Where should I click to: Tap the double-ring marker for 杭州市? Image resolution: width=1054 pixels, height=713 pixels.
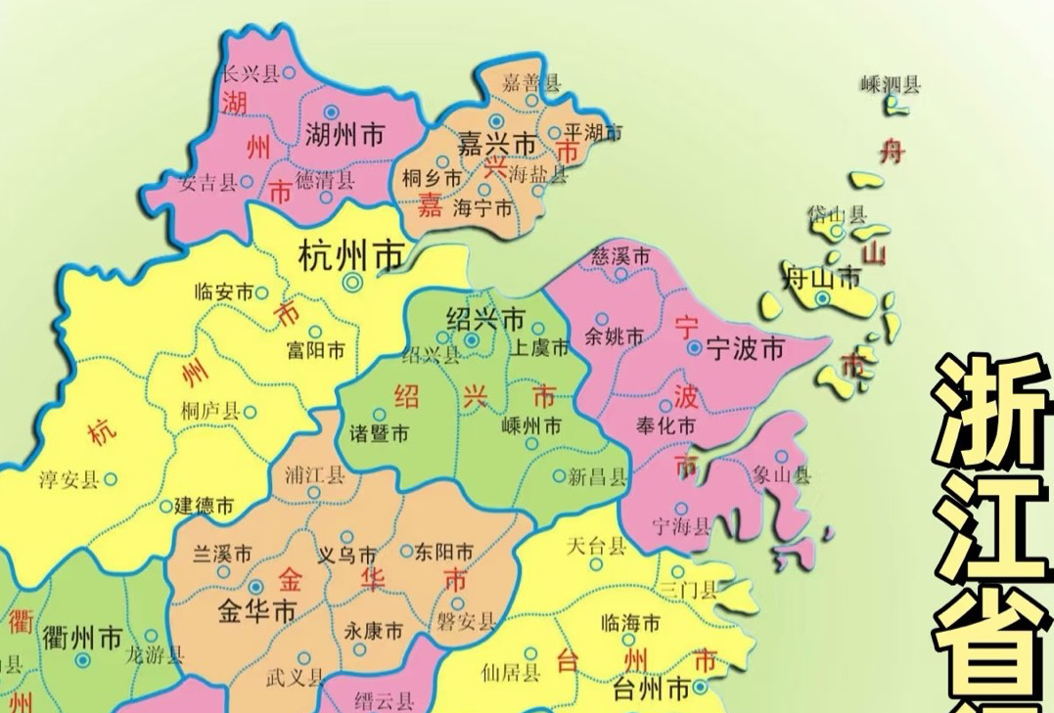click(x=351, y=283)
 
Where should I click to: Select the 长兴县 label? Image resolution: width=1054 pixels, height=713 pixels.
click(x=252, y=74)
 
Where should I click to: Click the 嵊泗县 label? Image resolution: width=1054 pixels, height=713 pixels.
click(x=891, y=85)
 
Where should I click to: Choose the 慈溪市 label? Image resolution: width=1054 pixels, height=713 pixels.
click(x=621, y=256)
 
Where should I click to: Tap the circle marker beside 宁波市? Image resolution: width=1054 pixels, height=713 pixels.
click(x=693, y=347)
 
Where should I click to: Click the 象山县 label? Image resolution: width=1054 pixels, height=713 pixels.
click(x=782, y=476)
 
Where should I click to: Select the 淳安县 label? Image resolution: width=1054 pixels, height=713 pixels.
click(x=69, y=479)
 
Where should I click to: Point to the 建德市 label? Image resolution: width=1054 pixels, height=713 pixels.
click(x=204, y=507)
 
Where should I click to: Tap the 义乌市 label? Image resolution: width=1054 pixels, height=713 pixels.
click(x=347, y=555)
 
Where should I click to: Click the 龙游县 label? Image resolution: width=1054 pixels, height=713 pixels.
click(x=156, y=656)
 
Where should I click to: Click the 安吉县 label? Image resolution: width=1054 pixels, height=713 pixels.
click(x=208, y=182)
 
